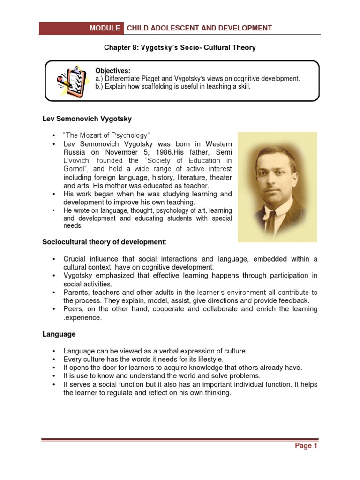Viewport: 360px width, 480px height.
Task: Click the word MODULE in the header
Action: (x=105, y=28)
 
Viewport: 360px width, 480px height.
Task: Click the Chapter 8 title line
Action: (x=180, y=48)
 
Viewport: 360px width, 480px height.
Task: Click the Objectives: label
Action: (x=112, y=71)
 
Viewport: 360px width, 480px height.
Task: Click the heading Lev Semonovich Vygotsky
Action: (x=87, y=119)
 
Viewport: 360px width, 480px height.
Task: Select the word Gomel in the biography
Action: (x=74, y=169)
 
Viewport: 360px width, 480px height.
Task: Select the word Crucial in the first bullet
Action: (x=75, y=259)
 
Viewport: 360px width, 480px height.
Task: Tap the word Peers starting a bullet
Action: (x=73, y=309)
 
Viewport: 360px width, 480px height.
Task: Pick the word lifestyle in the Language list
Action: (x=193, y=359)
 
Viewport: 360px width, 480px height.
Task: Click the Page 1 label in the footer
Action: (x=306, y=446)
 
